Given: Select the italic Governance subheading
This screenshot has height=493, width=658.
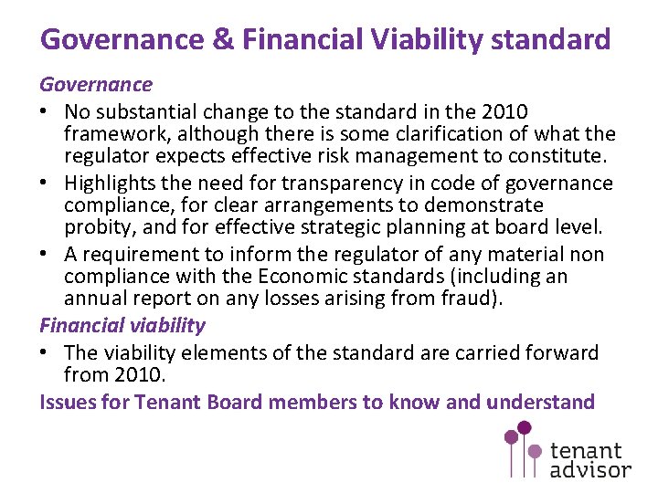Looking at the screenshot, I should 96,85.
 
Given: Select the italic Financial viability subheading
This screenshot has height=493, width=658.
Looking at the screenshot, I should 122,325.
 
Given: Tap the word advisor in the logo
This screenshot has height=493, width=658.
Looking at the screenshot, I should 590,469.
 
